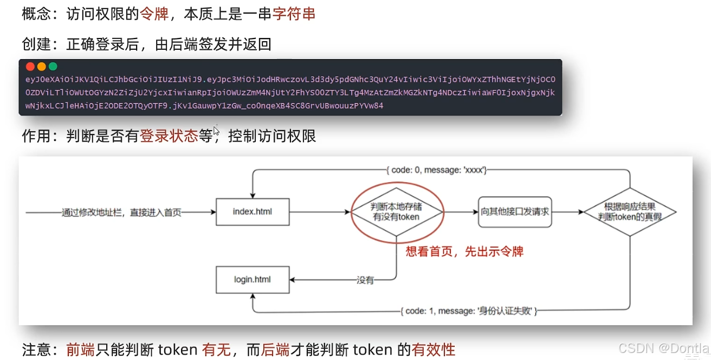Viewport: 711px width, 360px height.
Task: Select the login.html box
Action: click(252, 280)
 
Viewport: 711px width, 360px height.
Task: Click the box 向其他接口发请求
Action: click(515, 211)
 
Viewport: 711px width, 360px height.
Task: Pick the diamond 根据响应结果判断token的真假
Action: click(630, 211)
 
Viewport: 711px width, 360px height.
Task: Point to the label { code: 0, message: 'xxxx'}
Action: click(436, 170)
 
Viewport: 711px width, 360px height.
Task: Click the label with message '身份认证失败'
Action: click(469, 311)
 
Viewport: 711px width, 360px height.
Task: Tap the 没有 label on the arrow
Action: click(365, 280)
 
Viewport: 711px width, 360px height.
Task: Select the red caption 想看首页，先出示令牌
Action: click(464, 252)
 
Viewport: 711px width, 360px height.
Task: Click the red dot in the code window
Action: click(30, 67)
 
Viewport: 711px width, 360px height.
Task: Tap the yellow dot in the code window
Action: click(41, 67)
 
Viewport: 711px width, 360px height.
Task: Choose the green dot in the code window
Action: click(53, 67)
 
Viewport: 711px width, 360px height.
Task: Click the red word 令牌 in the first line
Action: click(154, 14)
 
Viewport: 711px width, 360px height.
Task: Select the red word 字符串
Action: click(294, 14)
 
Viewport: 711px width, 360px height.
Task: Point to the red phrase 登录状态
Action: click(169, 136)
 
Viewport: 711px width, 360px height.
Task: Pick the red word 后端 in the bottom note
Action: click(275, 350)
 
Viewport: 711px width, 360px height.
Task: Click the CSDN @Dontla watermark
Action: click(663, 348)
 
